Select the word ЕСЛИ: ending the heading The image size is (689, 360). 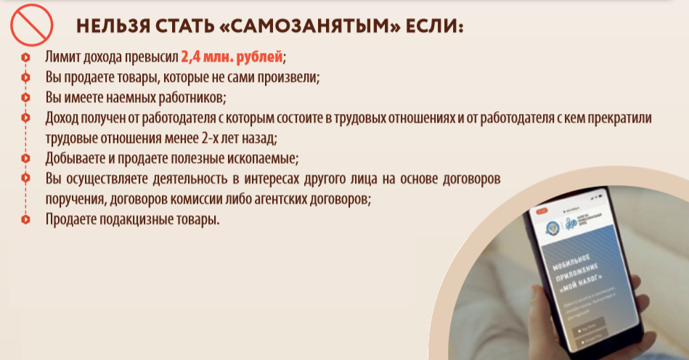433,27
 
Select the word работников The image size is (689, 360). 191,97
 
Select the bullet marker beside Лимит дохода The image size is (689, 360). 25,57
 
